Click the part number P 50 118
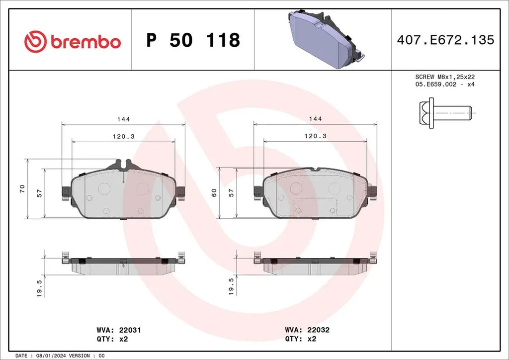193,40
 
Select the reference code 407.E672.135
445,40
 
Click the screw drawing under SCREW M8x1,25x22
444,113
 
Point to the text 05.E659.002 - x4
444,85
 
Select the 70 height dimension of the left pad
22,188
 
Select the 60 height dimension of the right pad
214,192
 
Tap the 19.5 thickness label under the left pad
39,287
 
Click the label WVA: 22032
307,330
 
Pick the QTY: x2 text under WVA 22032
300,339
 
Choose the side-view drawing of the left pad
123,264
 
